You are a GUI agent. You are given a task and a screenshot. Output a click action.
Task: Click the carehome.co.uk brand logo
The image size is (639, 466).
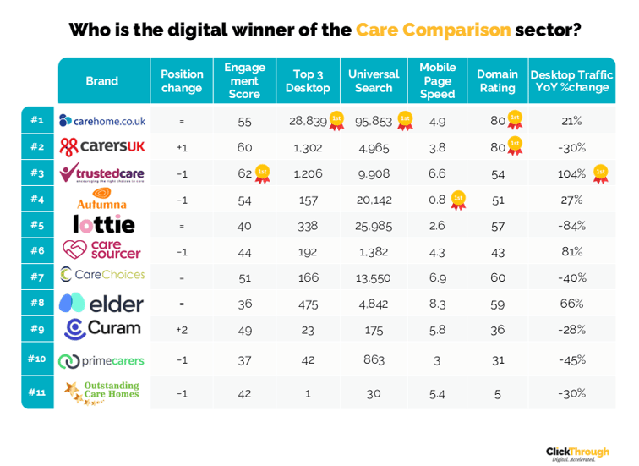[x=102, y=121]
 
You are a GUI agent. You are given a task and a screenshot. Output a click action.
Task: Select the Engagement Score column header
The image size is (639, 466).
[x=244, y=80]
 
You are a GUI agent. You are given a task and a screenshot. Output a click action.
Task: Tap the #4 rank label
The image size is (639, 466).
[x=36, y=200]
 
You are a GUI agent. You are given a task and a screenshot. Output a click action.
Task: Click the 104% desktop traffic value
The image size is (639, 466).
[x=572, y=173]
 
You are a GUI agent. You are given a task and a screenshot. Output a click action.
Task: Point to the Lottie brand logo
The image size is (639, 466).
[x=103, y=225]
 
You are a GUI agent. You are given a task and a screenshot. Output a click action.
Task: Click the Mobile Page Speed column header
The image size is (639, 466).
[x=437, y=80]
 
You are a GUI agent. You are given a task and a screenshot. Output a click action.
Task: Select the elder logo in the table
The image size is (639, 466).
[x=102, y=303]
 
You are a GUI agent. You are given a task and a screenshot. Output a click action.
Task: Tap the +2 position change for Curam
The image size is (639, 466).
[x=181, y=329]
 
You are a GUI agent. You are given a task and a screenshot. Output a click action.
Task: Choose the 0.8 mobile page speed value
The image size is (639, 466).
[x=437, y=200]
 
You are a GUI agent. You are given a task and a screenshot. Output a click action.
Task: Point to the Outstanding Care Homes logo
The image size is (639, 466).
[x=102, y=391]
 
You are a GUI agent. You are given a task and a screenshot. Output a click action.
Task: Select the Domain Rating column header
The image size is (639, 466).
[x=497, y=80]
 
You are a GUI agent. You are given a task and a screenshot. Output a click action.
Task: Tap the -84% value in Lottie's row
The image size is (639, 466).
[x=571, y=226]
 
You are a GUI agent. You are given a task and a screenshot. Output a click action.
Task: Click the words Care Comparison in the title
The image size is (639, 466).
[x=433, y=30]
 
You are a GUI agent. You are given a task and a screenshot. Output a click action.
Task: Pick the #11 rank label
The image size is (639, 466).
[x=36, y=392]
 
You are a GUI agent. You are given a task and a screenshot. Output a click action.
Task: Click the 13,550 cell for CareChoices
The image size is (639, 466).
[x=374, y=277]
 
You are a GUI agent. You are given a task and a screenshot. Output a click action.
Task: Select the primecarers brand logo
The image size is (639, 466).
[x=102, y=360]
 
